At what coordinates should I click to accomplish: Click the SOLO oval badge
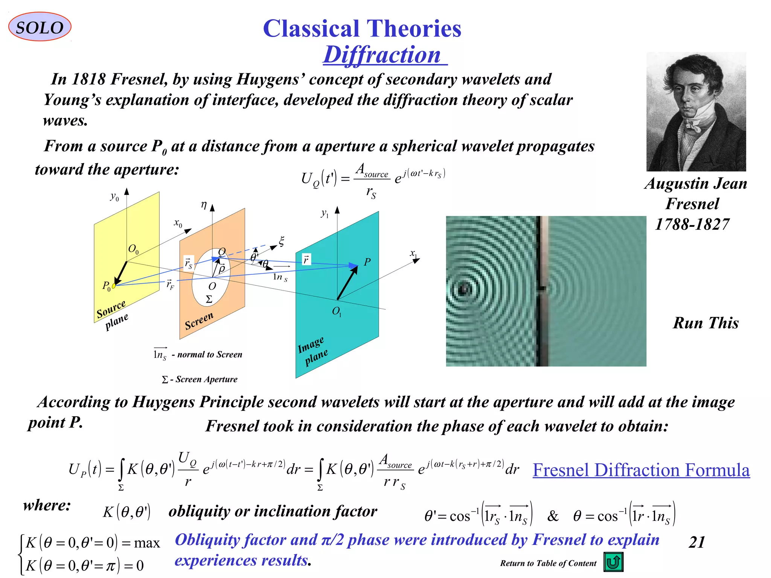40,27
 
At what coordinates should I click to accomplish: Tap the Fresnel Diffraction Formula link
641,470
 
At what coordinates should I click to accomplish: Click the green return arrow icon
613,562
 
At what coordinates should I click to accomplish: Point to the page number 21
696,542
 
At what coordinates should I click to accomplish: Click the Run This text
705,323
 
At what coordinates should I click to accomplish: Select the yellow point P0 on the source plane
114,286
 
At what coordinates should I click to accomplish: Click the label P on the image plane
367,262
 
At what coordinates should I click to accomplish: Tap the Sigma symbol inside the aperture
209,300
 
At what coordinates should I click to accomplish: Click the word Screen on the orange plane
199,321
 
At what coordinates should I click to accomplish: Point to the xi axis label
281,241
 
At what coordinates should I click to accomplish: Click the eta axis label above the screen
204,205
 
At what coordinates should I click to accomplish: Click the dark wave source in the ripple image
464,289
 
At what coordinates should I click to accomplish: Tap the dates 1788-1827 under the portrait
692,224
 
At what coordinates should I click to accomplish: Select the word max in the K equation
147,543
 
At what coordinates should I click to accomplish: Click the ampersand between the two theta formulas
552,516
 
